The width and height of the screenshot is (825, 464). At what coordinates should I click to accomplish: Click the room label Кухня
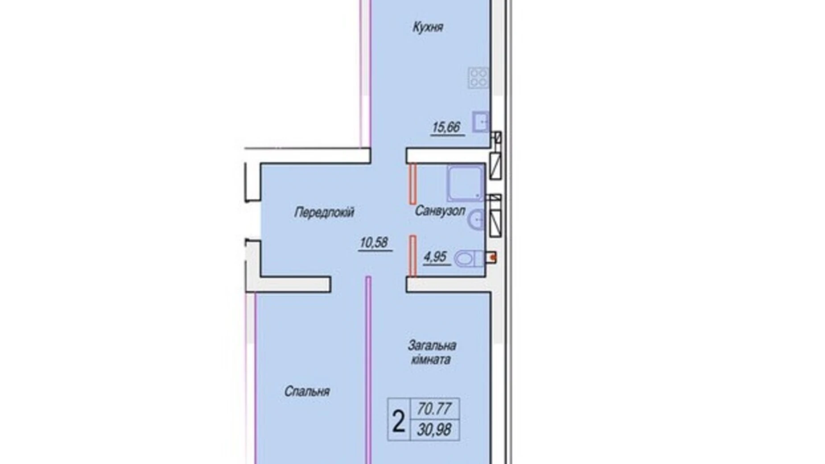tap(428, 28)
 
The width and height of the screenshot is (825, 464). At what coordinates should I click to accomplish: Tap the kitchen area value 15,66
tap(446, 128)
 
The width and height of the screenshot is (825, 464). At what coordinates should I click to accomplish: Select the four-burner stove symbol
tap(478, 78)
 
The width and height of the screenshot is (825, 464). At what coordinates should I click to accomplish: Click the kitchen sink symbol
tap(480, 121)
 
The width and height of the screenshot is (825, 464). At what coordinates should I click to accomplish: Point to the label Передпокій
tap(324, 212)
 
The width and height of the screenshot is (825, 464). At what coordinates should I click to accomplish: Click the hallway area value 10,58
tap(374, 243)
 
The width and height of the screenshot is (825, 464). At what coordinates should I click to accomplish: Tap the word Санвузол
tap(440, 211)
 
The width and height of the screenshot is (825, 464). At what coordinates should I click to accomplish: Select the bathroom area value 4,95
tap(435, 257)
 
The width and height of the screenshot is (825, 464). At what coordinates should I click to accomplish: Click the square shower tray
tap(465, 183)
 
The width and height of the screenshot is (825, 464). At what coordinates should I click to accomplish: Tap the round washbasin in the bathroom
tap(477, 220)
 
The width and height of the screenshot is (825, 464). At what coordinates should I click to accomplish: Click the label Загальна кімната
tap(431, 352)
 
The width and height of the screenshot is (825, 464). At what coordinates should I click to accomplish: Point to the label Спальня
tap(307, 392)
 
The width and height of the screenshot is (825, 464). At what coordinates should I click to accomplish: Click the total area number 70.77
tap(434, 408)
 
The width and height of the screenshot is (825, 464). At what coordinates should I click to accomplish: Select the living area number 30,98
tap(434, 430)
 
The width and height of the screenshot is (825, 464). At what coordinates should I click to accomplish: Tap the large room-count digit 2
tap(398, 421)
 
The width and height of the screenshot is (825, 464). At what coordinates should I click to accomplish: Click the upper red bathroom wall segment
tap(412, 184)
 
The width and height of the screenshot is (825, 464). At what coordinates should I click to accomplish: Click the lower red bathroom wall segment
tap(413, 256)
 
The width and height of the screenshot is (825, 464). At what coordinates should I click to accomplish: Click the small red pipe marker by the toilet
tap(492, 257)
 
